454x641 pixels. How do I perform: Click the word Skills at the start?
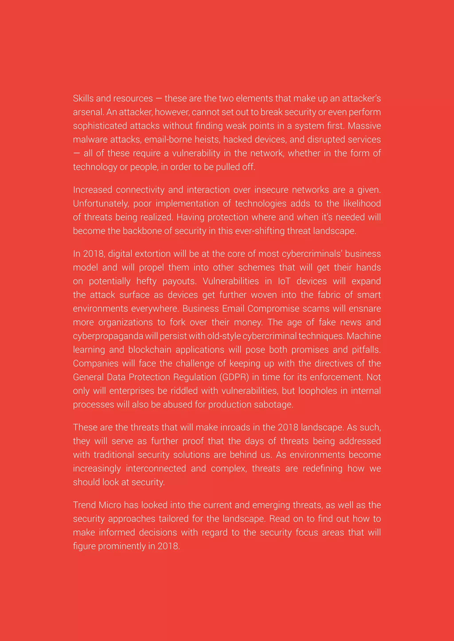[83, 98]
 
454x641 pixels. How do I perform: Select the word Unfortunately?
[101, 204]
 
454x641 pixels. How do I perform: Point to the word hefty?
[147, 281]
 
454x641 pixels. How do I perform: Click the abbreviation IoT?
[284, 281]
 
